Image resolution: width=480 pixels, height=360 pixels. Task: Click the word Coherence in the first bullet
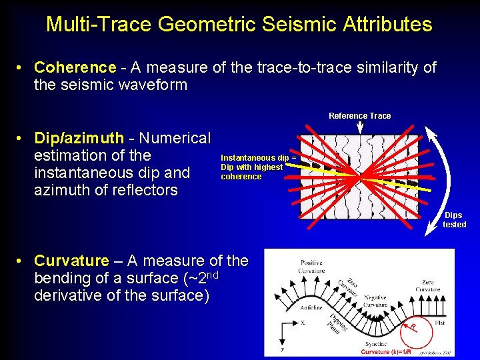pos(75,67)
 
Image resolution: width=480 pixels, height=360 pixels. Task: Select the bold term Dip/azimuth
pos(79,138)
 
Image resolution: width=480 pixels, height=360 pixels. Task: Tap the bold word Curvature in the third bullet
pos(71,261)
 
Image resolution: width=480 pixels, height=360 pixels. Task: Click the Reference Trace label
pos(359,116)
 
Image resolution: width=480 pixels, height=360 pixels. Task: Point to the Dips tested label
pos(454,220)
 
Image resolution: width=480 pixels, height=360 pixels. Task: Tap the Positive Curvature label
pos(311,266)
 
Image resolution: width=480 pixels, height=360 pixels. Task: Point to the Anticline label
pos(311,307)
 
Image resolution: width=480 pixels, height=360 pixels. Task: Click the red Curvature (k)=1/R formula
pos(386,352)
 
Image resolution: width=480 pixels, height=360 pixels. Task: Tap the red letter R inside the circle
pos(413,327)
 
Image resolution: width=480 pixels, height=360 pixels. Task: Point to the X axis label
pos(303,323)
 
